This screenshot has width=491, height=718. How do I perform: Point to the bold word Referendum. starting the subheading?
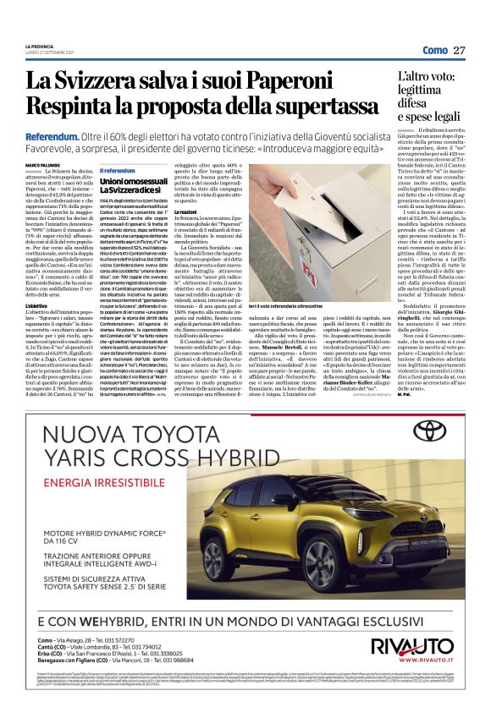52,136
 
